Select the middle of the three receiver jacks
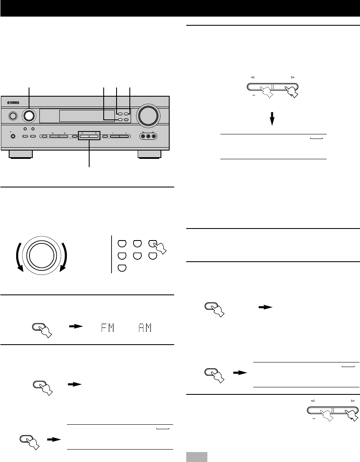pos(148,136)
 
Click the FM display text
pos(104,328)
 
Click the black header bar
pos(180,8)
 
